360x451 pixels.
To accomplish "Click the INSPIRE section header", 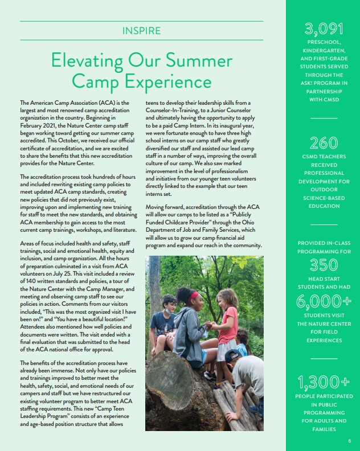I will (141, 30).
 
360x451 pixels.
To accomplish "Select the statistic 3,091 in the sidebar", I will (323, 28).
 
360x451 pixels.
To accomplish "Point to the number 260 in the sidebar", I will (323, 142).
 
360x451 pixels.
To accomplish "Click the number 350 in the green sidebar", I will (323, 264).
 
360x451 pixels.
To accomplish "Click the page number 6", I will (349, 441).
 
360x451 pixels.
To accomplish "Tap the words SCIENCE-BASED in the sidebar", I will (323, 198).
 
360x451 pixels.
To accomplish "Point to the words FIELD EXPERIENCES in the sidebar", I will (323, 337).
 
